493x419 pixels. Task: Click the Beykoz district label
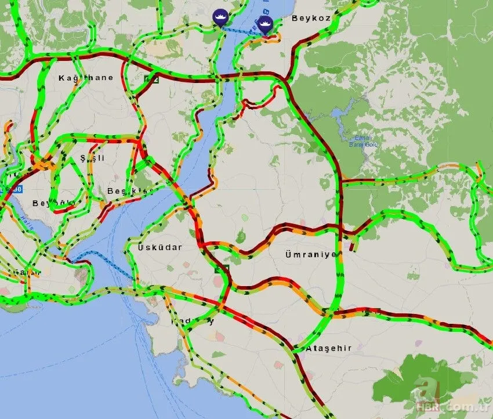[x=311, y=19]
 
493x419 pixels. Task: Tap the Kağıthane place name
[x=86, y=78]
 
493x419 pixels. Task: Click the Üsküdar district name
[x=160, y=248]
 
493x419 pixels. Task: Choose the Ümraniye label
[x=311, y=255]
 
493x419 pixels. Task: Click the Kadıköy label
[x=192, y=321]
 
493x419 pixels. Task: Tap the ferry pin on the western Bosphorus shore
[x=220, y=16]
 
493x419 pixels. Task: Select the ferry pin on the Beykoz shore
[x=266, y=24]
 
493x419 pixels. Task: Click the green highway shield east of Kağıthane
[x=152, y=79]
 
